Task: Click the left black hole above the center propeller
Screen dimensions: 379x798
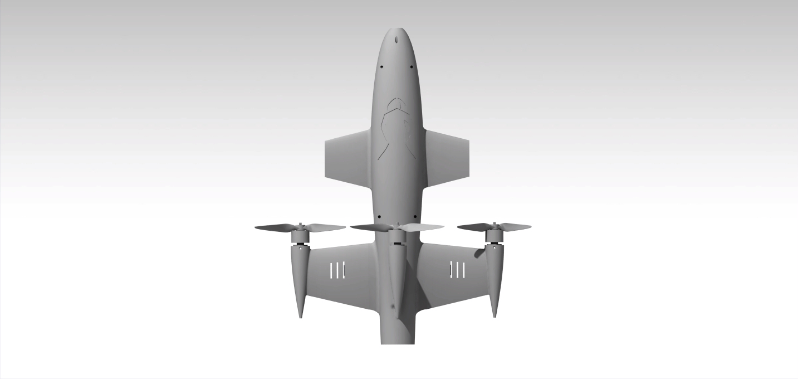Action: [379, 217]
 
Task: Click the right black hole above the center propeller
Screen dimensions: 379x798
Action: [414, 217]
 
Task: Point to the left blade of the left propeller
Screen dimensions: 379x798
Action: [276, 227]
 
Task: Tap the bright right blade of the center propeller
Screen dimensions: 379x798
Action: [422, 227]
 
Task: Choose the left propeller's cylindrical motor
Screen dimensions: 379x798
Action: [300, 236]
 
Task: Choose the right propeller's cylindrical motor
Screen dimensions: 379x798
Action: [492, 235]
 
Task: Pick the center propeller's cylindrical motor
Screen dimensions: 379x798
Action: [396, 237]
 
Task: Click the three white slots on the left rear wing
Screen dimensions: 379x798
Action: [337, 270]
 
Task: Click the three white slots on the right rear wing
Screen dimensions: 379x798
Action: [457, 270]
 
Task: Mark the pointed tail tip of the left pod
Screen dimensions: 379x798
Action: [301, 315]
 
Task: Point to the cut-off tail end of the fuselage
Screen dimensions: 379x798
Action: [398, 340]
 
